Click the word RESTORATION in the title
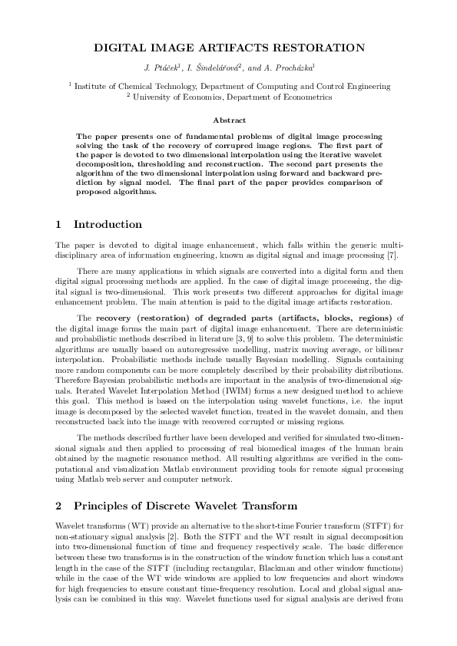tap(310, 48)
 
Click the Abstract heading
tap(228, 120)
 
